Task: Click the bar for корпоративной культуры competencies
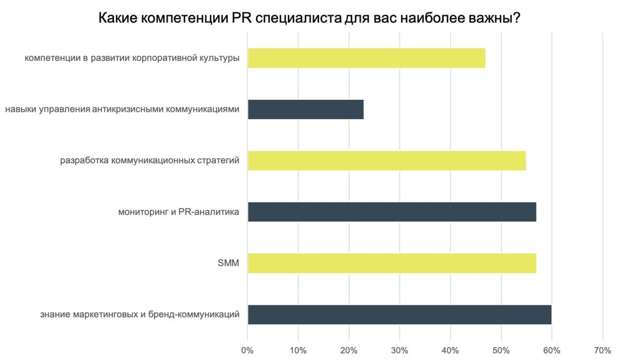click(366, 58)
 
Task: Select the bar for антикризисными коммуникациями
click(305, 109)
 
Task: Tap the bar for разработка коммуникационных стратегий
click(386, 161)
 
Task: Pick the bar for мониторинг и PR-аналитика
click(392, 212)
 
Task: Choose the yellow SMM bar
click(392, 263)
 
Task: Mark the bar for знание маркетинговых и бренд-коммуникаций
click(399, 315)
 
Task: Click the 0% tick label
click(248, 350)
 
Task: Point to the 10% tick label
click(298, 350)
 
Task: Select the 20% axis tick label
click(349, 350)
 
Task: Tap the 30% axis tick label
click(399, 350)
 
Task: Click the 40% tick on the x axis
click(451, 350)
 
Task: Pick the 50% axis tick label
click(501, 350)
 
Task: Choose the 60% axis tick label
click(552, 350)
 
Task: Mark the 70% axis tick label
click(602, 350)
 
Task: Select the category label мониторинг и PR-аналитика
click(179, 212)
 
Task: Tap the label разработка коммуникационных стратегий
click(150, 161)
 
